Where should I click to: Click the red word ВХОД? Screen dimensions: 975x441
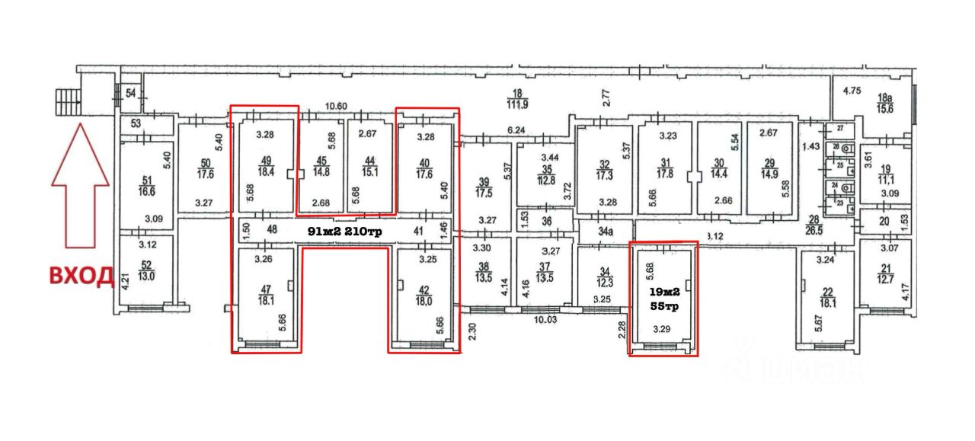82,275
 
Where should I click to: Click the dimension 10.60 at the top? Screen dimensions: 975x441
335,106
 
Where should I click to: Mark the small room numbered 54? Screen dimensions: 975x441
130,92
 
